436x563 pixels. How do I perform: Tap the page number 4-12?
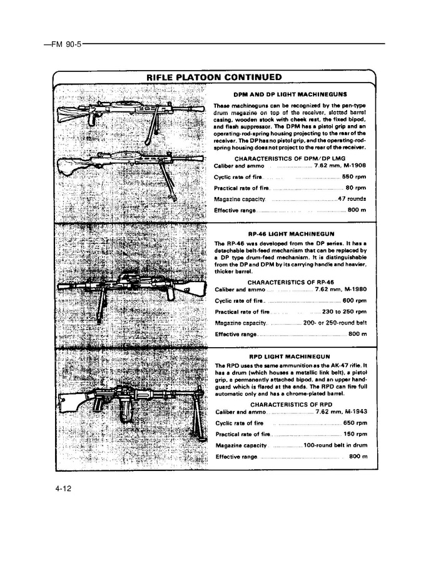pyautogui.click(x=64, y=489)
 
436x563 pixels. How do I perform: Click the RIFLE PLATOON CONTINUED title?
pyautogui.click(x=214, y=78)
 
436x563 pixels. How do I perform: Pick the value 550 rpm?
pyautogui.click(x=353, y=177)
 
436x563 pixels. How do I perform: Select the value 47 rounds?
pyautogui.click(x=352, y=199)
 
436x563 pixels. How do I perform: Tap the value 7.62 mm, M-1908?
pyautogui.click(x=340, y=166)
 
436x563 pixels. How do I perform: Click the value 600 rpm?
pyautogui.click(x=353, y=300)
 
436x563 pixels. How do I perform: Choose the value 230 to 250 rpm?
pyautogui.click(x=343, y=312)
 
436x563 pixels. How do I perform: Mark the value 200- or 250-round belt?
pyautogui.click(x=335, y=323)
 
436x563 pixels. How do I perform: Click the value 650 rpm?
pyautogui.click(x=353, y=423)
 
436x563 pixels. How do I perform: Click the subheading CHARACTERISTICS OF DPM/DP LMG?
pyautogui.click(x=290, y=158)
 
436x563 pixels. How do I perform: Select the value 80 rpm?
pyautogui.click(x=355, y=188)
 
